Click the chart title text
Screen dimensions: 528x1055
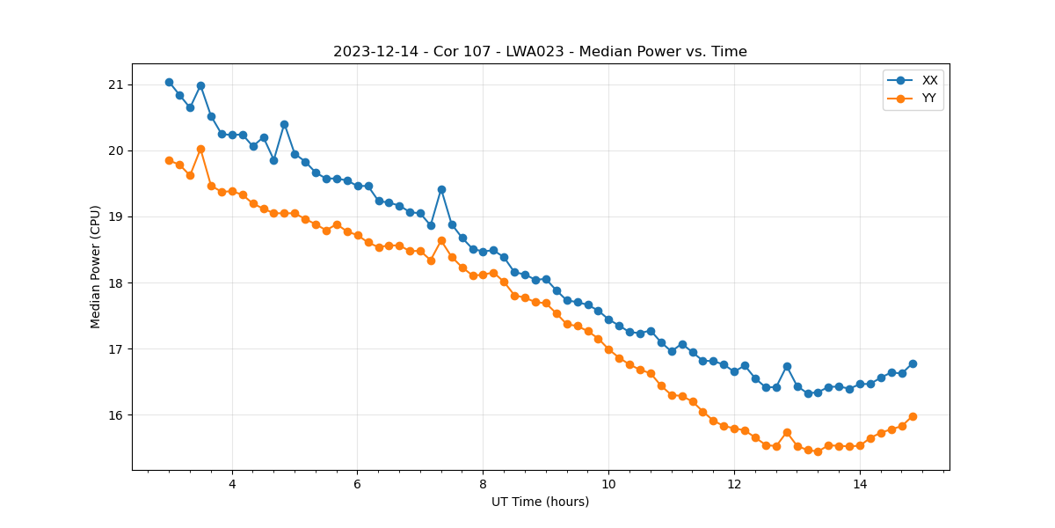coord(540,52)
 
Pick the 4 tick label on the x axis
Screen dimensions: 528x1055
coord(232,484)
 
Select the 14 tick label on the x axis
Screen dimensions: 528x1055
coord(860,484)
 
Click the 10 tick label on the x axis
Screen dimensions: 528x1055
coord(608,484)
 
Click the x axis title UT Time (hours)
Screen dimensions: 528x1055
coord(540,502)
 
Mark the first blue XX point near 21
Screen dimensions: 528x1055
coord(169,82)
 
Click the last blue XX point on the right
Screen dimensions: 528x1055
coord(913,363)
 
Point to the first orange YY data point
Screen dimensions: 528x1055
coord(169,160)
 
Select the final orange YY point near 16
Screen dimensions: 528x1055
coord(913,416)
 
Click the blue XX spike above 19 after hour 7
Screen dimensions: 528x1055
coord(441,189)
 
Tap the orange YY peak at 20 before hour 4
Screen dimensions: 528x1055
coord(200,150)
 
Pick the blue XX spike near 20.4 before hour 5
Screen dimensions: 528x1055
coord(284,124)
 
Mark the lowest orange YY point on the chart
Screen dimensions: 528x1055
coord(818,451)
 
